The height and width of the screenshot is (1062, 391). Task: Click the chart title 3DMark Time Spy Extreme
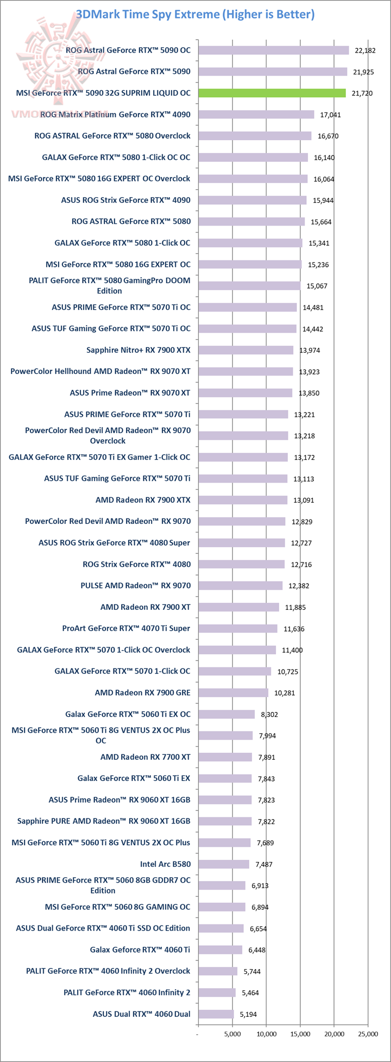click(195, 14)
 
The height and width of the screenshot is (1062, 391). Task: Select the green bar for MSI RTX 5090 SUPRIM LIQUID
click(272, 93)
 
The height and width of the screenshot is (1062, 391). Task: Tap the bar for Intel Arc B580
click(223, 864)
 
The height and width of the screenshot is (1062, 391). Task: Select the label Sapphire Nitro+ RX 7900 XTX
click(138, 350)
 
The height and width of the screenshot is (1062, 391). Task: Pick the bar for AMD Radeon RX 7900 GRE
click(233, 692)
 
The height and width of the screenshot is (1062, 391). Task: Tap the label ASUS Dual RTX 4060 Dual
click(142, 1014)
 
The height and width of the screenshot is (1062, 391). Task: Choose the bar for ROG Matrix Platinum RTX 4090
click(256, 114)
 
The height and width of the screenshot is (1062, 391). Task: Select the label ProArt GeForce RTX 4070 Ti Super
click(126, 628)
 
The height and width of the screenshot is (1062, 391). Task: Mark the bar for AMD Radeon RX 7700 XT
click(225, 757)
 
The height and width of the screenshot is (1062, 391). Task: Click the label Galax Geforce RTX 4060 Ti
click(140, 949)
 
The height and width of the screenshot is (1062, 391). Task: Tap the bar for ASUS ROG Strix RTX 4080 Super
click(241, 542)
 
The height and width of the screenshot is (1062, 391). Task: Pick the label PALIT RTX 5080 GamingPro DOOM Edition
click(110, 286)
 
